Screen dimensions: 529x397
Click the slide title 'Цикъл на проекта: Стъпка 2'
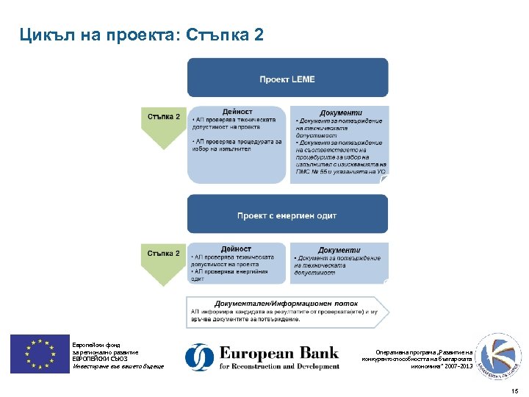pos(141,35)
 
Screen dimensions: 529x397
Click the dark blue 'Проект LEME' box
pos(287,79)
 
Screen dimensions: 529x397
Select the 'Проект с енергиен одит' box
pos(287,215)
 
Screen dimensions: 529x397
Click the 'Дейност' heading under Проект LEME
pos(237,111)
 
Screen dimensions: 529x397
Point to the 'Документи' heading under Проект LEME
pos(341,112)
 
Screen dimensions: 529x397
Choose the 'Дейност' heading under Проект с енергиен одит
pos(237,249)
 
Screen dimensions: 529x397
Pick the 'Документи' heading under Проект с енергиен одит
pos(339,250)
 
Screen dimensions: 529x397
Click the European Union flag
pos(39,354)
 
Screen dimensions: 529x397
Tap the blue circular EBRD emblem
pos(199,357)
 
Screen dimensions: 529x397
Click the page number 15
pos(514,390)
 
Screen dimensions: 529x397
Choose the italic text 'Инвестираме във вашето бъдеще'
pos(118,366)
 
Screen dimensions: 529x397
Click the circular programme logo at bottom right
pos(493,355)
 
